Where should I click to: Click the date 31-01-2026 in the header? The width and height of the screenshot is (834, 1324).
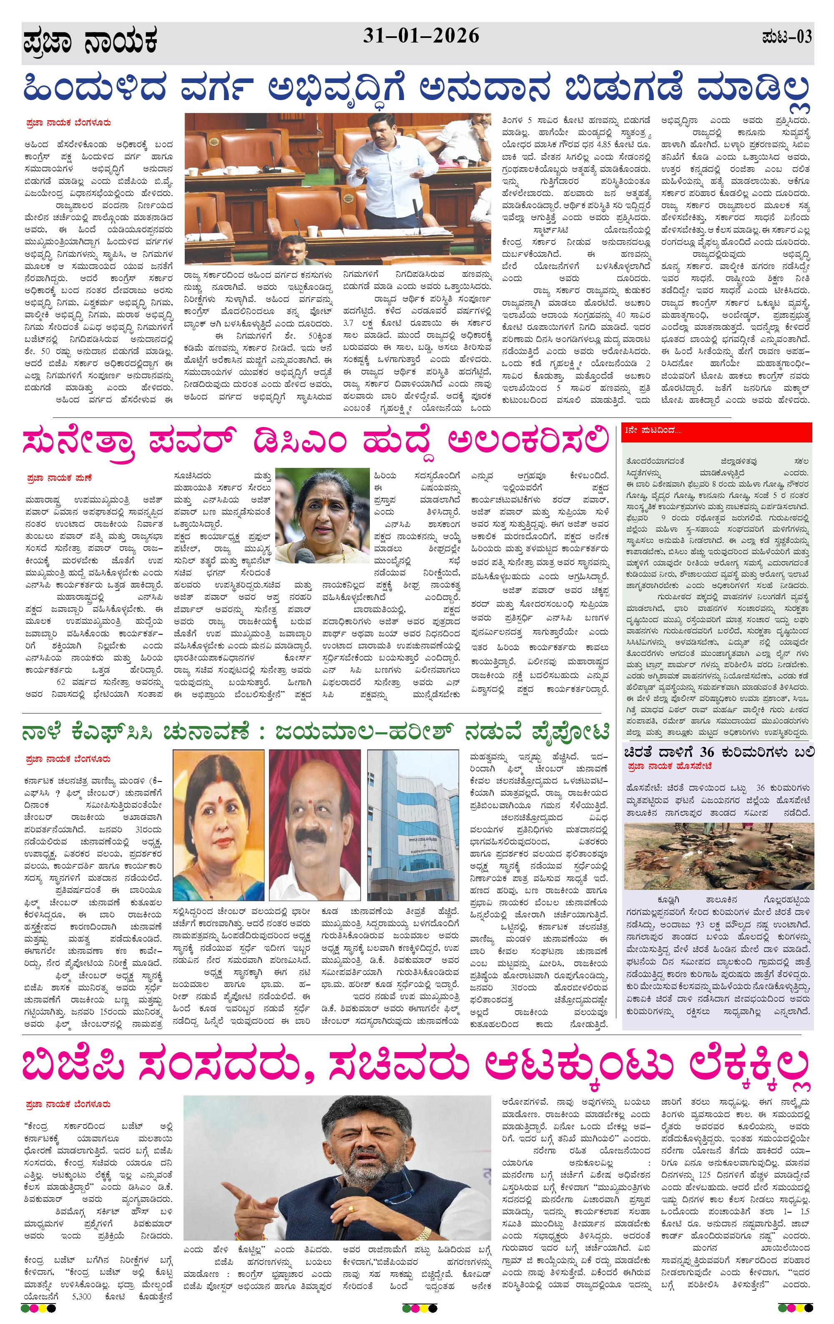(421, 36)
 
